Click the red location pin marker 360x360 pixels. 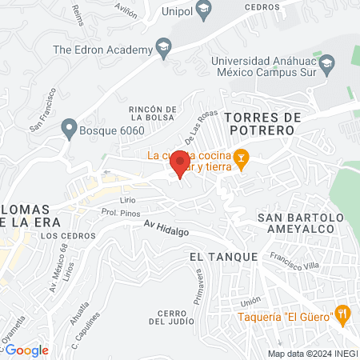pos(179,165)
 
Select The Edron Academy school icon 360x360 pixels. pos(164,47)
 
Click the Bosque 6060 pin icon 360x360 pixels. pos(69,127)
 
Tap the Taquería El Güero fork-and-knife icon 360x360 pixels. pos(342,314)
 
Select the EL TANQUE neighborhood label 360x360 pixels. pos(224,257)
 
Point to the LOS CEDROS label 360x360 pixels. pos(61,236)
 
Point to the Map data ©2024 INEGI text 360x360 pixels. pos(312,354)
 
